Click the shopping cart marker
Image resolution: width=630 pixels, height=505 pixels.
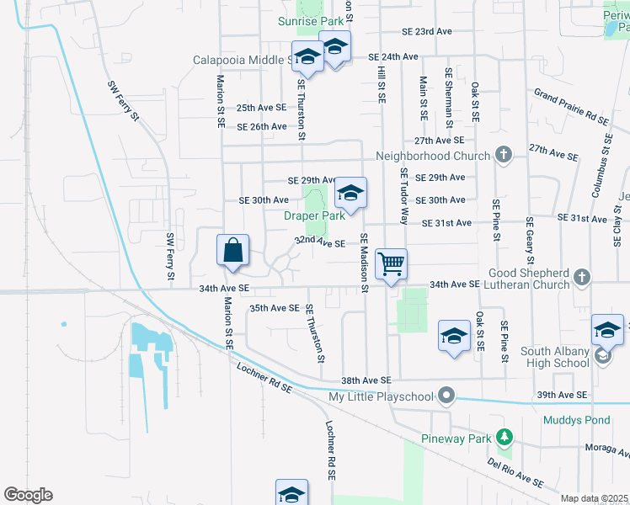click(392, 264)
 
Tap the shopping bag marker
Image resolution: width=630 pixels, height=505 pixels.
click(233, 250)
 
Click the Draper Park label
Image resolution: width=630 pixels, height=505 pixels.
click(314, 215)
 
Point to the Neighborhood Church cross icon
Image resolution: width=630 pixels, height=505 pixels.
click(503, 155)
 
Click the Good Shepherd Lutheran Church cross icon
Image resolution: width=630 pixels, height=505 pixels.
click(581, 277)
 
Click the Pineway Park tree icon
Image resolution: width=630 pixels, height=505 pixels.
click(504, 437)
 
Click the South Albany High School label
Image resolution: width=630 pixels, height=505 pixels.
click(554, 356)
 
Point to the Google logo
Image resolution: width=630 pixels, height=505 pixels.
click(28, 495)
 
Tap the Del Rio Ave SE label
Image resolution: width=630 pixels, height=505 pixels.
click(515, 472)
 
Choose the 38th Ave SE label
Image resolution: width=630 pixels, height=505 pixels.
click(366, 381)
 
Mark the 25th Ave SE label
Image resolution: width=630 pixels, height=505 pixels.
click(261, 108)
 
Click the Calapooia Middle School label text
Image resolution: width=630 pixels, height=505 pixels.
click(243, 60)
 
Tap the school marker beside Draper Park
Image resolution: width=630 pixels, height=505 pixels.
click(350, 194)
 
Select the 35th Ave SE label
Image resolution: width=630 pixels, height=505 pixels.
click(274, 308)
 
